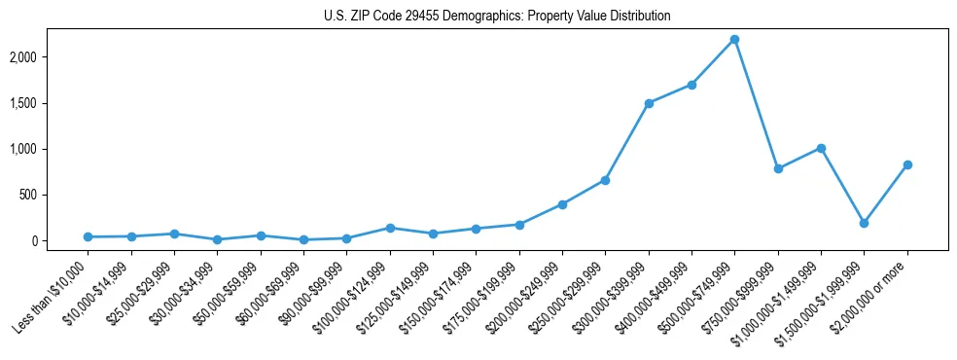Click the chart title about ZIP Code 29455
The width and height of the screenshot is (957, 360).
[497, 17]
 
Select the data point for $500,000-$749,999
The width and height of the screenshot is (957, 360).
[734, 39]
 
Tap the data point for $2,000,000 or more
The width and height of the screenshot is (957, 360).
[907, 164]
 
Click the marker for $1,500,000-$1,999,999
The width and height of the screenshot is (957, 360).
[864, 223]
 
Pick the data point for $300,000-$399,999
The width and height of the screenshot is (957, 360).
[649, 103]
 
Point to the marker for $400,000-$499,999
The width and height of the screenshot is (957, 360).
[691, 85]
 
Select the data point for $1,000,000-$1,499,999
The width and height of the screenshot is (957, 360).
[821, 148]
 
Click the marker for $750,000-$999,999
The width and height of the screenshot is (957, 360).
[778, 168]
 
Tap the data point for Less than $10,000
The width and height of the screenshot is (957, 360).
[88, 236]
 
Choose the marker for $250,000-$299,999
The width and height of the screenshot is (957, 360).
[605, 180]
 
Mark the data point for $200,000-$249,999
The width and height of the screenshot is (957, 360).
[562, 204]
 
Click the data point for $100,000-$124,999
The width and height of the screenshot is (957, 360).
[390, 228]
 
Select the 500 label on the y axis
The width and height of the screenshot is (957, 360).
[54, 195]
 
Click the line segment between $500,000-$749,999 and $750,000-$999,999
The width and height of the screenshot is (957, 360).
[757, 104]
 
